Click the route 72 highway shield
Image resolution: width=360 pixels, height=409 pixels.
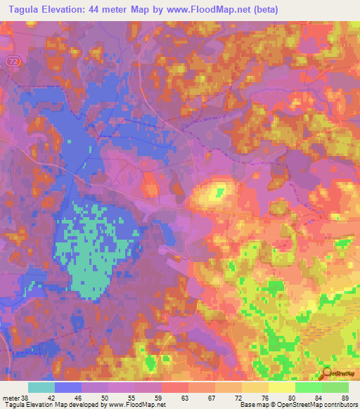[13, 63]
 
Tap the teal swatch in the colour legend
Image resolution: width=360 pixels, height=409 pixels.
[41, 387]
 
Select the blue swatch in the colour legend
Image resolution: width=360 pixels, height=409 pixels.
[68, 387]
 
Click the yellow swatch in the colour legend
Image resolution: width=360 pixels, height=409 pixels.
[282, 387]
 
